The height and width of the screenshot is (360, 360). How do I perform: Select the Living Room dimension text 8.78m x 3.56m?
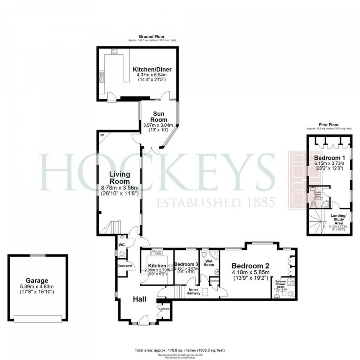point(119,188)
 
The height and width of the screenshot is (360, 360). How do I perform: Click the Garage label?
point(37,280)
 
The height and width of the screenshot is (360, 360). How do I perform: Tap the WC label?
point(121,244)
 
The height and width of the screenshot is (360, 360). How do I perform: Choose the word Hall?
point(139,299)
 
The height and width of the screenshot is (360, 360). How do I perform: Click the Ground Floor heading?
point(152,37)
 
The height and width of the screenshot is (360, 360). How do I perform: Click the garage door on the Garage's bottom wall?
point(38,318)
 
